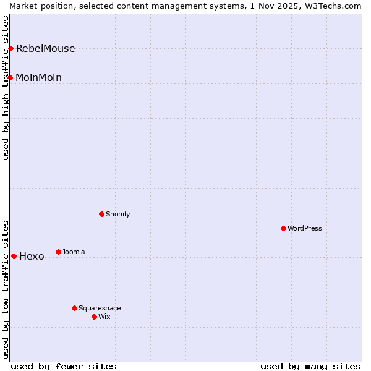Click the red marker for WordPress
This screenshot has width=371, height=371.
point(283,228)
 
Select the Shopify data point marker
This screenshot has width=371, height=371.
point(101,214)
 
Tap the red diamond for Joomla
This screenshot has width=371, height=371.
point(58,252)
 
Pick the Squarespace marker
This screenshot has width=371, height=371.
point(74,308)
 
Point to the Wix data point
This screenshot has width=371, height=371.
point(94,317)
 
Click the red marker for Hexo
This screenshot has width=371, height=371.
point(14,256)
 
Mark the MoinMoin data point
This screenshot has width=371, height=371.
point(11,77)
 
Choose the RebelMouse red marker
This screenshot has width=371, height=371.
point(11,48)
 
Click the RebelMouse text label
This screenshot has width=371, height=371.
point(45,49)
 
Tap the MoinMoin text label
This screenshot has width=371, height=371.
point(38,78)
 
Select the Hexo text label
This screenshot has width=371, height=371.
point(32,257)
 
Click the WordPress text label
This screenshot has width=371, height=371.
point(304,229)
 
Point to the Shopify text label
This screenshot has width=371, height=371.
point(117,215)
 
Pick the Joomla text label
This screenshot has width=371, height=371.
point(74,252)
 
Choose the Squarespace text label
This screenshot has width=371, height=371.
point(100,309)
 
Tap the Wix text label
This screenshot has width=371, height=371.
point(104,317)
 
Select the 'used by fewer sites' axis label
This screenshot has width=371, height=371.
point(64,366)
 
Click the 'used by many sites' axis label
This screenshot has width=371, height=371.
point(310,366)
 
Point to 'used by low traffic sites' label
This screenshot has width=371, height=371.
point(6,289)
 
